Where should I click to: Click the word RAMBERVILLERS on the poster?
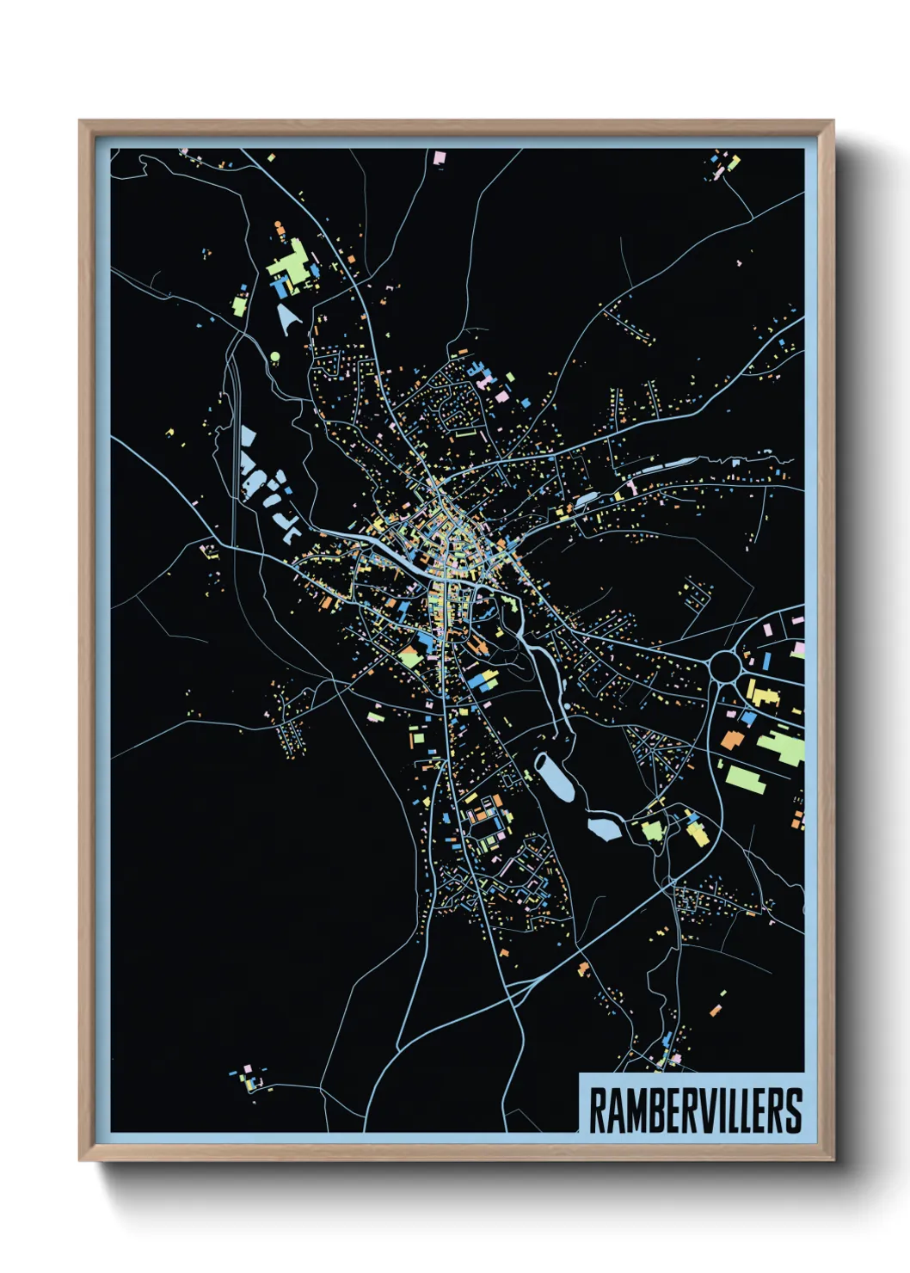tap(695, 1110)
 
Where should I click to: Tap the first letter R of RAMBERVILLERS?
tap(597, 1110)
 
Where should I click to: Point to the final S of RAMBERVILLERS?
tap(795, 1110)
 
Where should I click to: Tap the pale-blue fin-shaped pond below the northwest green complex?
tap(289, 319)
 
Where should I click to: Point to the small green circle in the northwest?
tap(275, 355)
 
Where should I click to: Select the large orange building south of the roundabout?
tap(732, 739)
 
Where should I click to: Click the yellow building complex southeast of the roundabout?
tap(762, 693)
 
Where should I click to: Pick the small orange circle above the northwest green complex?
tap(278, 225)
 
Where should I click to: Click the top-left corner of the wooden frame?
tap(81, 122)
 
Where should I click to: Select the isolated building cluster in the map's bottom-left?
tap(249, 1078)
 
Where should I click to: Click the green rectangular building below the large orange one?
tap(746, 779)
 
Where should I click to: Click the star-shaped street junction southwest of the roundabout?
tap(662, 748)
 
